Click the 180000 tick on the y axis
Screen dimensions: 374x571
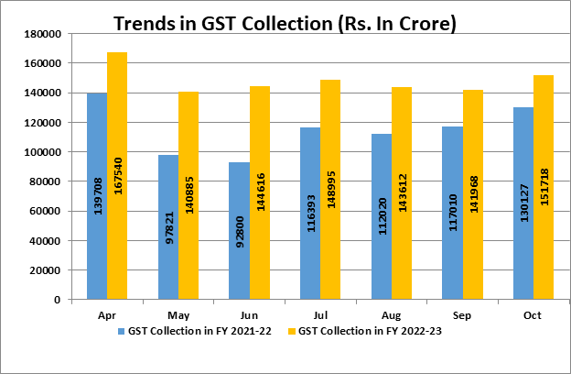point(41,34)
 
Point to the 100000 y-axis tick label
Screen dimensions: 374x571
point(41,152)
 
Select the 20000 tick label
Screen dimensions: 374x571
point(44,270)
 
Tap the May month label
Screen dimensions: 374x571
point(178,312)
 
